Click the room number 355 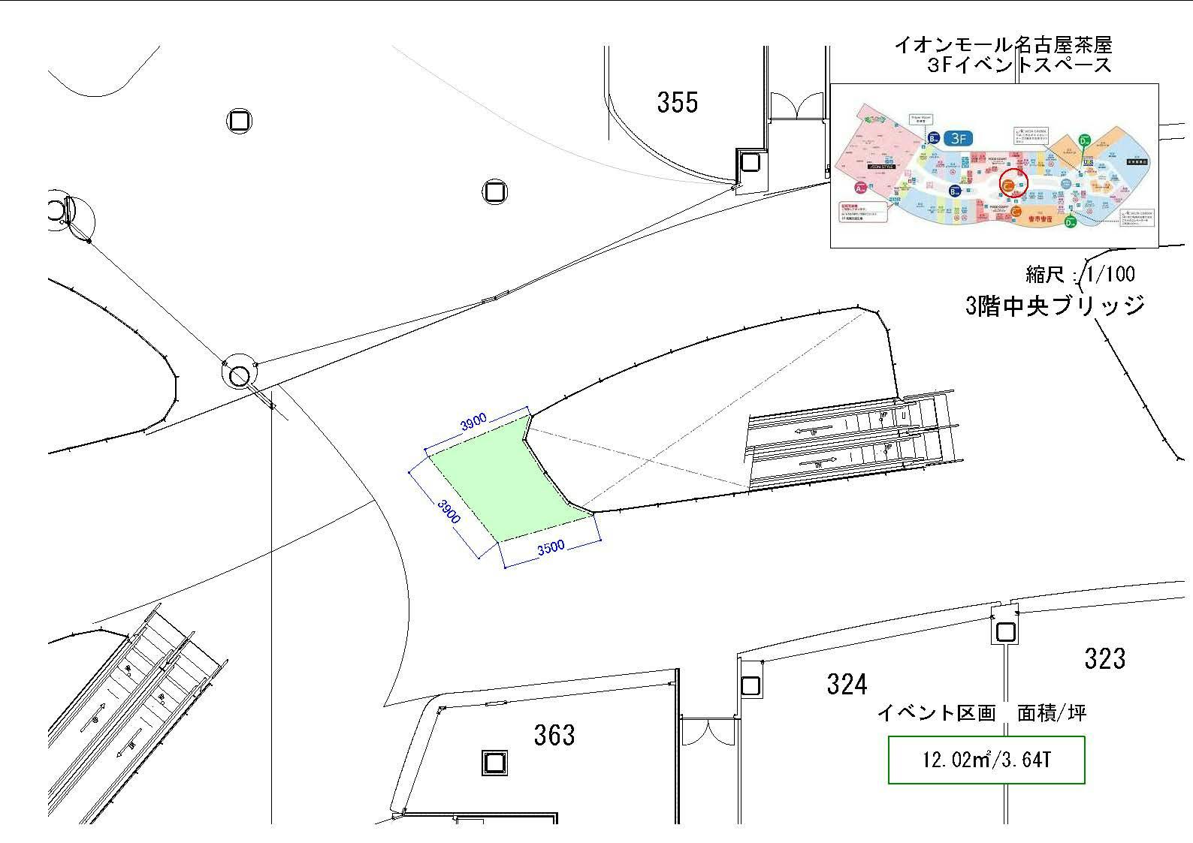click(677, 102)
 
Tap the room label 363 click(554, 735)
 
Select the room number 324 click(847, 684)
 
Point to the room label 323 click(1104, 658)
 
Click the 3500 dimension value click(551, 547)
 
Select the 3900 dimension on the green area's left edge click(449, 510)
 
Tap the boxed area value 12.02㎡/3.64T click(986, 760)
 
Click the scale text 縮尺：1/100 click(1080, 274)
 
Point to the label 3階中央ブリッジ click(1055, 306)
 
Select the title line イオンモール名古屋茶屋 click(1002, 45)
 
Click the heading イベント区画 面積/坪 click(981, 712)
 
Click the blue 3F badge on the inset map click(958, 138)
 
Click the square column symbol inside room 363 click(494, 763)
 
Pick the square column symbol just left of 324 click(750, 685)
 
